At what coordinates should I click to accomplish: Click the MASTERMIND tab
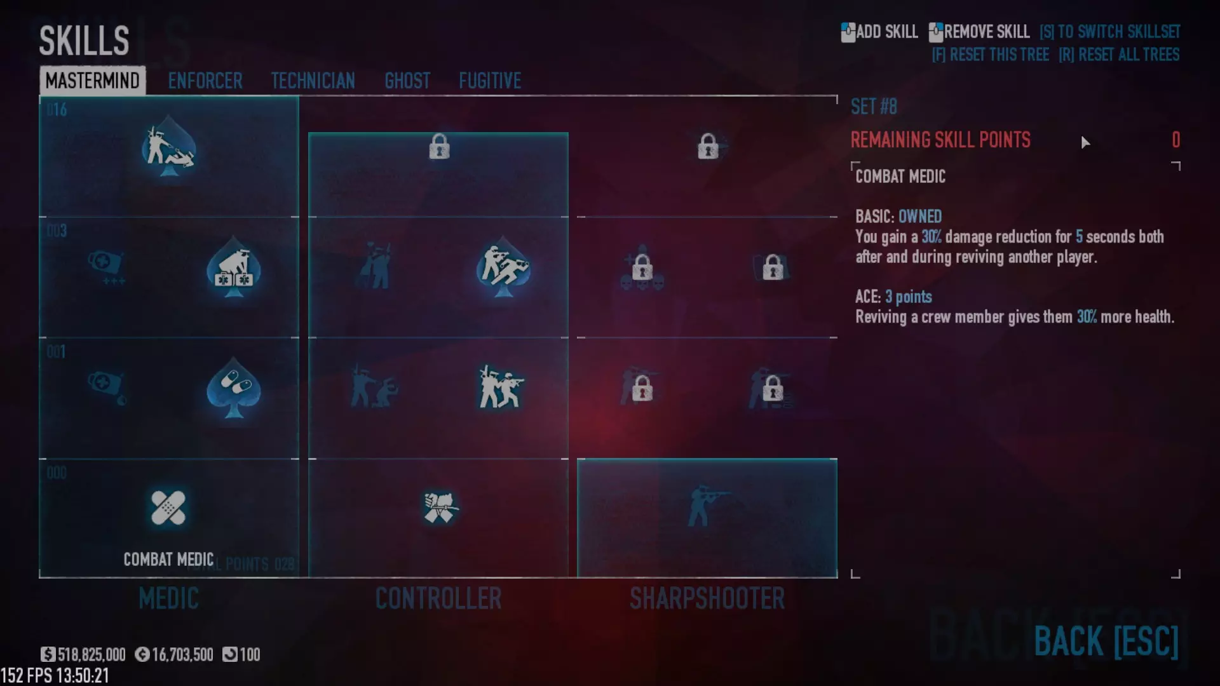pyautogui.click(x=92, y=81)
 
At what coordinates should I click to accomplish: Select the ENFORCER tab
pyautogui.click(x=205, y=81)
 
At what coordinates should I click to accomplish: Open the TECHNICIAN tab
pyautogui.click(x=313, y=81)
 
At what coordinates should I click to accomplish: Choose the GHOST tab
pyautogui.click(x=407, y=81)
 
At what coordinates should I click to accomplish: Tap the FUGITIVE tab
pyautogui.click(x=490, y=81)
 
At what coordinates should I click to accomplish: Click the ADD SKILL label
pyautogui.click(x=886, y=32)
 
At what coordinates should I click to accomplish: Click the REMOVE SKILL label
pyautogui.click(x=986, y=32)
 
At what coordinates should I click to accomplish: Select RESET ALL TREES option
pyautogui.click(x=1119, y=55)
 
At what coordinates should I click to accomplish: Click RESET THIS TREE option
pyautogui.click(x=991, y=55)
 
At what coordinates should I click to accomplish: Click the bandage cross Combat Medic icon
pyautogui.click(x=168, y=508)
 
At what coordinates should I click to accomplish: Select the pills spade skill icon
pyautogui.click(x=234, y=387)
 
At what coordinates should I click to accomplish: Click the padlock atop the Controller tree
pyautogui.click(x=439, y=147)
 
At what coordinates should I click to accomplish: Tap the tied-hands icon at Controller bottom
pyautogui.click(x=439, y=508)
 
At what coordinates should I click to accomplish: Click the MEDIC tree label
pyautogui.click(x=168, y=598)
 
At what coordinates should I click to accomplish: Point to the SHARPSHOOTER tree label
pyautogui.click(x=707, y=598)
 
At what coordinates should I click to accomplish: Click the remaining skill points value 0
pyautogui.click(x=1176, y=140)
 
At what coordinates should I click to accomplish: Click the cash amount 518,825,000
pyautogui.click(x=91, y=655)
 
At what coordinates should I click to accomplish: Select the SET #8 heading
pyautogui.click(x=874, y=107)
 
